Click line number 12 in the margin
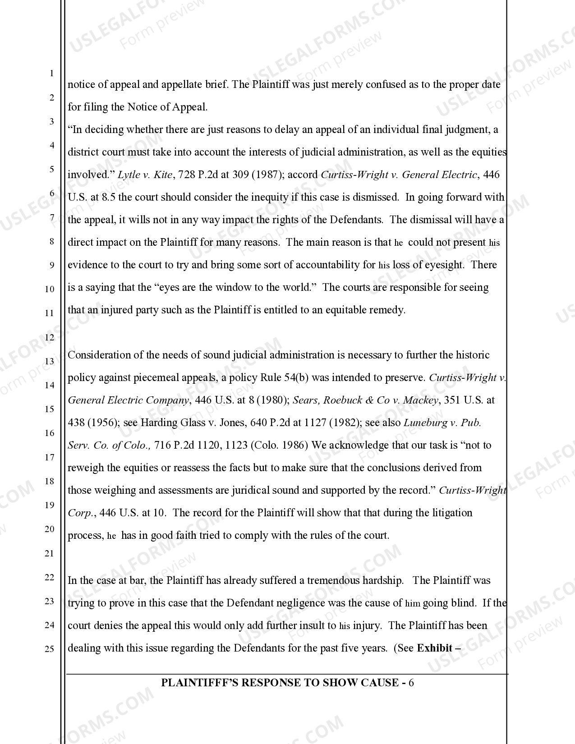click(50, 337)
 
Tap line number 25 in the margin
click(50, 649)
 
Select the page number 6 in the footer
click(411, 683)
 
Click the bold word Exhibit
click(434, 648)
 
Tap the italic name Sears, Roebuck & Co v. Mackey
click(365, 400)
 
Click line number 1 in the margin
click(51, 73)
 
